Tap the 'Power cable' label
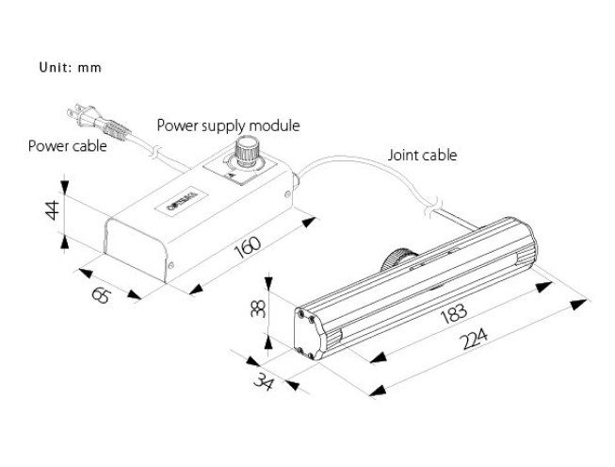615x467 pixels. [67, 146]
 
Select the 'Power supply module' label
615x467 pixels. [227, 125]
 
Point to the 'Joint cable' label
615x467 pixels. [422, 156]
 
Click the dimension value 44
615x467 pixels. [55, 210]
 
